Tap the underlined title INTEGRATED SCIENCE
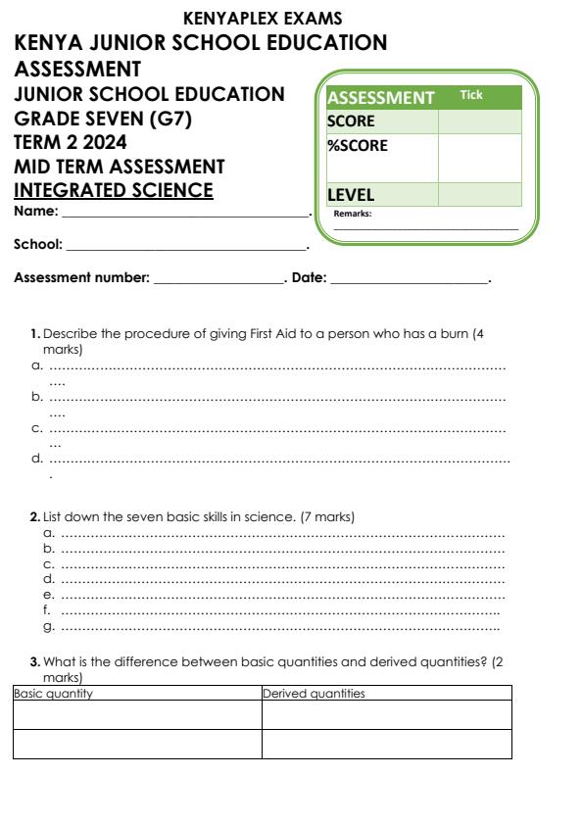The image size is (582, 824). click(115, 189)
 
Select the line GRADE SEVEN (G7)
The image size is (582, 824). click(110, 118)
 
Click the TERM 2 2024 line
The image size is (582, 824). click(71, 142)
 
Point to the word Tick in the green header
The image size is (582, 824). click(471, 94)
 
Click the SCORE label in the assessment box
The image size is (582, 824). click(351, 121)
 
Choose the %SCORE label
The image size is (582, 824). click(357, 146)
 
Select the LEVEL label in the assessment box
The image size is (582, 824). click(350, 195)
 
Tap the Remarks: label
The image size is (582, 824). click(353, 213)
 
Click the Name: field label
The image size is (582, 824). click(36, 212)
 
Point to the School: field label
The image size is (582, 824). click(39, 244)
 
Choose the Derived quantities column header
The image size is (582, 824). click(315, 694)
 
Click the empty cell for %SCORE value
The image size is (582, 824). click(479, 158)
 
